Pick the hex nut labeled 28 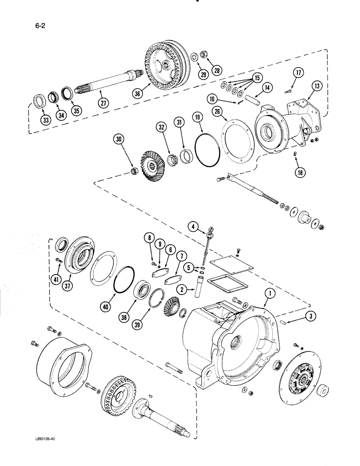[x=203, y=54]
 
